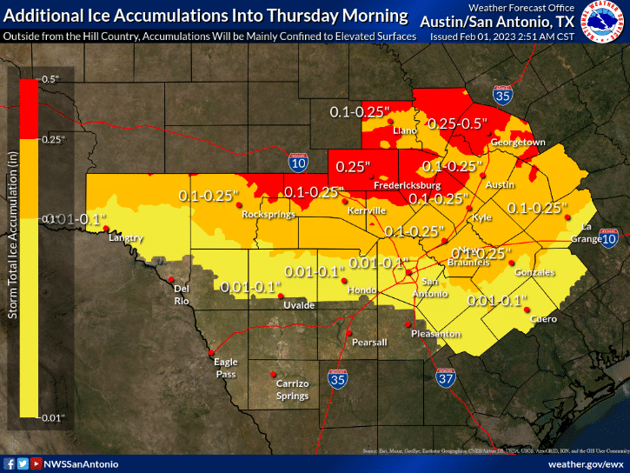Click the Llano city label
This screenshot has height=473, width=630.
(406, 130)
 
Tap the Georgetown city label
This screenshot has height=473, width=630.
(517, 142)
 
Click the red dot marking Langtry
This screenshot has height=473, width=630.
(105, 229)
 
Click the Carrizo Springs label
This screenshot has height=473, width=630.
(292, 390)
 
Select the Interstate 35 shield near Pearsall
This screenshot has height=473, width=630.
(338, 378)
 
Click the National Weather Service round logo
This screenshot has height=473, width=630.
(605, 24)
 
